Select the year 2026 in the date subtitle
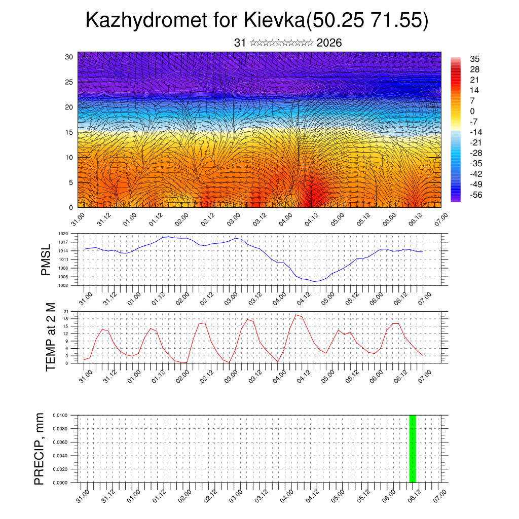(329, 43)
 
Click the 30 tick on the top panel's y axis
(69, 57)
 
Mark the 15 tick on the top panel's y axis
(69, 132)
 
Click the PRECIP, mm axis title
(40, 449)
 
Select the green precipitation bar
(413, 449)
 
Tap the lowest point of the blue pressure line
(315, 281)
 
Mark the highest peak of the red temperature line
(296, 315)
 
